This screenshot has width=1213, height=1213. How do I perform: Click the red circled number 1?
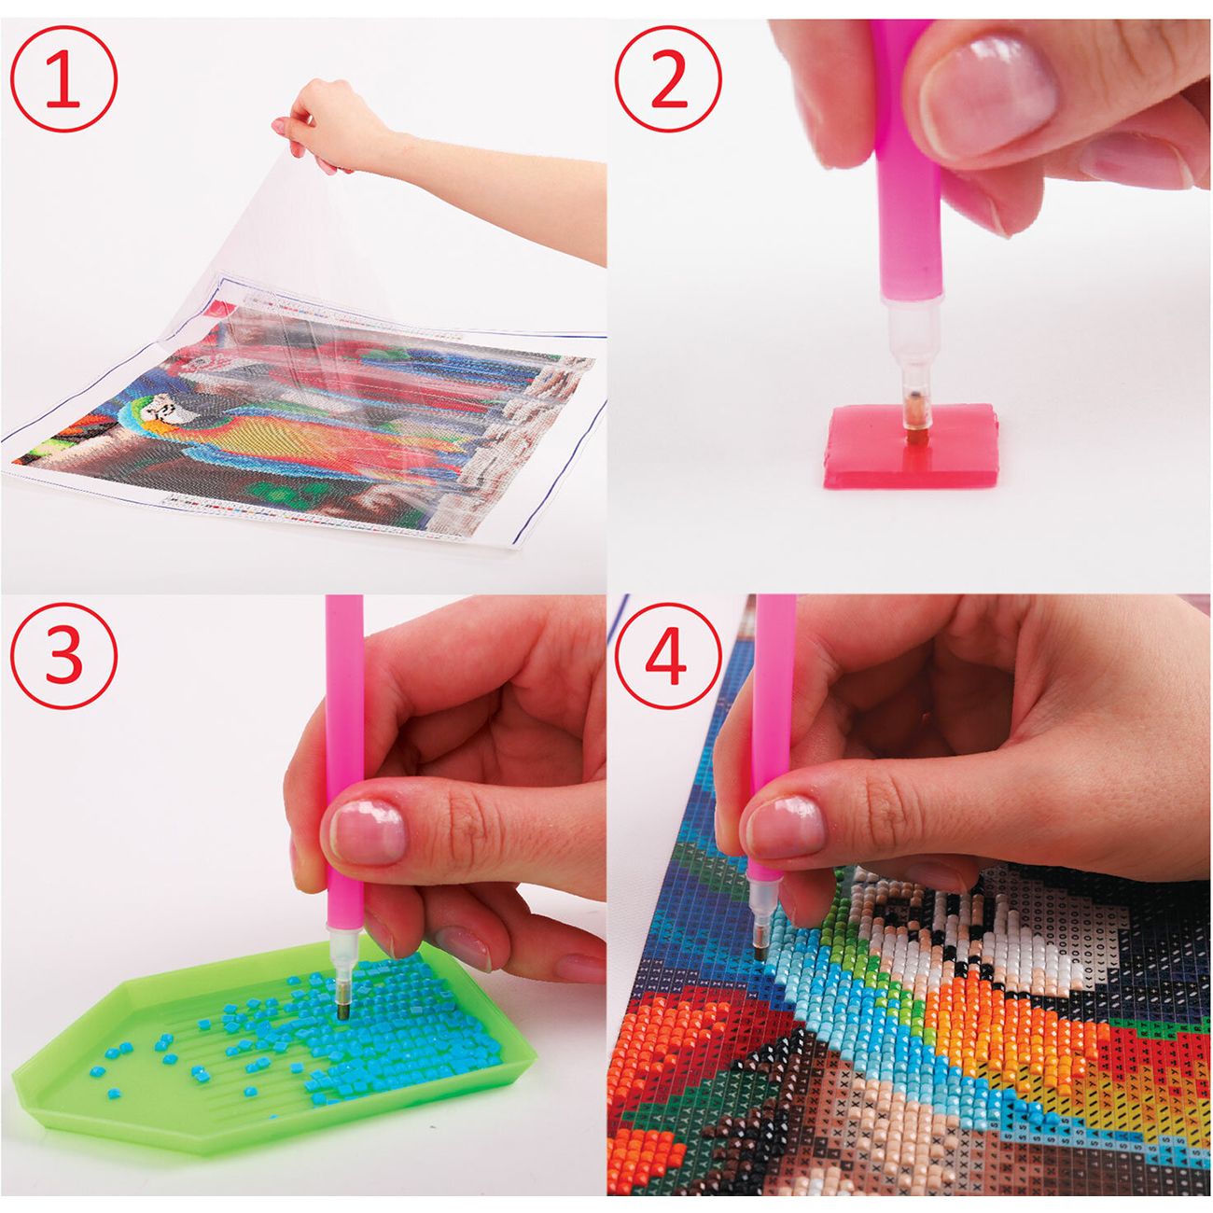point(63,78)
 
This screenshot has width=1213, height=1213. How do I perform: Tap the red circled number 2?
point(668,78)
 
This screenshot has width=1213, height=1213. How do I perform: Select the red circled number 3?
point(63,655)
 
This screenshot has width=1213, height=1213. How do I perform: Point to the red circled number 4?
point(668,655)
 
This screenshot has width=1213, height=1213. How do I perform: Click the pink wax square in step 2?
point(911,445)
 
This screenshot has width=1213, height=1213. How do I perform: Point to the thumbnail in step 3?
point(369,832)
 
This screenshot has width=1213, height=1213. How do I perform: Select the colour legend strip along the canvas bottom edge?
point(302,512)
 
